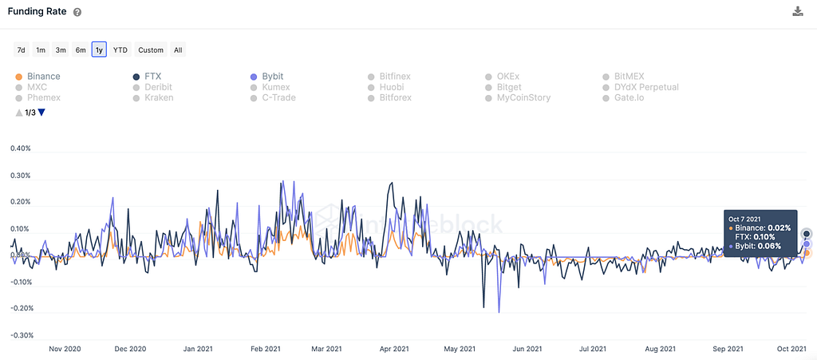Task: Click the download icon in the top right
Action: [x=797, y=11]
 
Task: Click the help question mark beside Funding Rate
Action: [x=77, y=14]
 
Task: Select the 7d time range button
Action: [x=21, y=50]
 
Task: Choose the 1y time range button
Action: [x=99, y=50]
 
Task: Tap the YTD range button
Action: [x=120, y=50]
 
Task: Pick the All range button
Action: [x=178, y=50]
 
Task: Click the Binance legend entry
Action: [x=43, y=77]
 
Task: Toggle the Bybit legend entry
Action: [x=274, y=77]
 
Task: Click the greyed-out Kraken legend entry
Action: [x=159, y=97]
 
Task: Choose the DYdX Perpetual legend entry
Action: [x=646, y=87]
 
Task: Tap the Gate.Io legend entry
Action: [x=634, y=97]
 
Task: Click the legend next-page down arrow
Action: [x=41, y=113]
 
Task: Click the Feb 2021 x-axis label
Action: [x=266, y=349]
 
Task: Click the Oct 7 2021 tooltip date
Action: [x=744, y=218]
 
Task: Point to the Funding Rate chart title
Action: [x=37, y=12]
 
